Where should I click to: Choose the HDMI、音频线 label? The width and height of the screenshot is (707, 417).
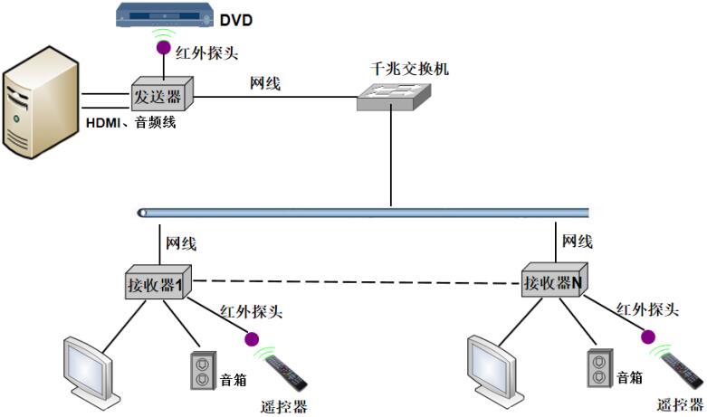pos(130,122)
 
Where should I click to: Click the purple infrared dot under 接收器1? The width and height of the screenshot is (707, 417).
pos(250,339)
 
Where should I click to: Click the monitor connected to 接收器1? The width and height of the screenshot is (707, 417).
pos(87,371)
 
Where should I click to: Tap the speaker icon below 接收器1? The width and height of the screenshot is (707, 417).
pos(202,369)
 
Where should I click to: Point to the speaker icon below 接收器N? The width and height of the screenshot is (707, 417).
pos(598,366)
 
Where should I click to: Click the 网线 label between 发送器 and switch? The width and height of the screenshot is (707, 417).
pos(265,83)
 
